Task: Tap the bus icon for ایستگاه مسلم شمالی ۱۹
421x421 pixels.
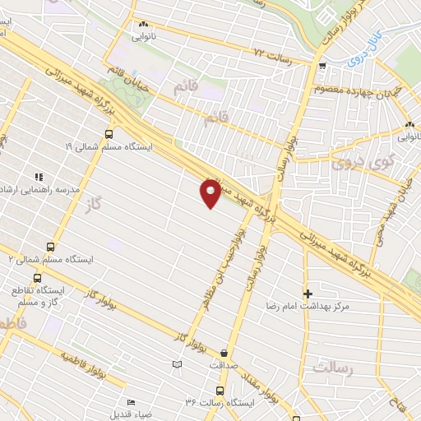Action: pos(109,134)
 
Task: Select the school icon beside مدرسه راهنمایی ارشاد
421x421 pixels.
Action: pos(38,176)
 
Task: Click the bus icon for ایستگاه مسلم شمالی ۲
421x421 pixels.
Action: pos(51,246)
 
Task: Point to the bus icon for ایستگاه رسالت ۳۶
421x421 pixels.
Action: pos(220,391)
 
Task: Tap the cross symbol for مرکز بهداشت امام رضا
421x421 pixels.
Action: pos(308,294)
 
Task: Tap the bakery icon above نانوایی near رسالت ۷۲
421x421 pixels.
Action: pos(144,25)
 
